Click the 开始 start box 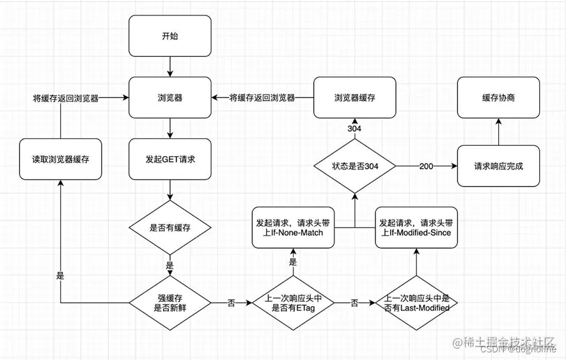click(x=170, y=36)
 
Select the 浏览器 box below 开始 click(x=170, y=98)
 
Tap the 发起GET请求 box click(x=170, y=158)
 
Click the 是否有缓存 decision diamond click(x=170, y=227)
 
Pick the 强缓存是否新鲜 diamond click(x=170, y=302)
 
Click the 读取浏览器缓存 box click(x=60, y=158)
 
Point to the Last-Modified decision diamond click(x=416, y=302)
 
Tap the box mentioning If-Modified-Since click(x=416, y=228)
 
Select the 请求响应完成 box click(x=498, y=166)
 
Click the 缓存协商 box click(x=498, y=98)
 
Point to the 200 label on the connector click(x=426, y=166)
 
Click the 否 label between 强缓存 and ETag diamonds click(x=231, y=302)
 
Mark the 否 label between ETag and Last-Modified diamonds click(x=354, y=302)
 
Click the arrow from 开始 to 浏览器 click(x=170, y=66)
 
